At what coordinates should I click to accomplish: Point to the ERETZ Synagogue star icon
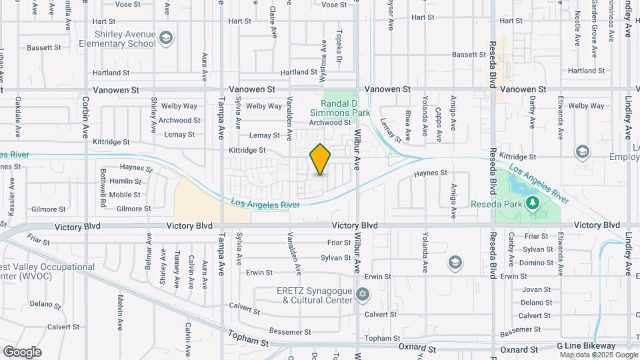click(x=363, y=294)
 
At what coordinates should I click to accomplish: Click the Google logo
click(x=22, y=352)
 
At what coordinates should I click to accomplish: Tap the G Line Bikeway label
click(x=586, y=346)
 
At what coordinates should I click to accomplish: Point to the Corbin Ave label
click(x=86, y=117)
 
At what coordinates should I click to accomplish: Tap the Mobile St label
click(x=125, y=195)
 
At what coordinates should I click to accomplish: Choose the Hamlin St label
click(x=125, y=181)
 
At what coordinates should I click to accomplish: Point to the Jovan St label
click(x=535, y=289)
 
